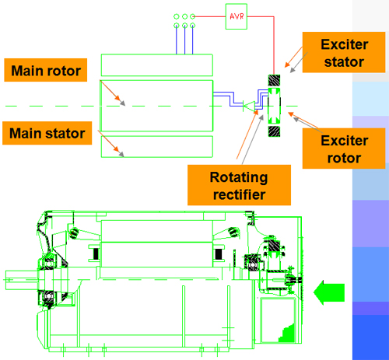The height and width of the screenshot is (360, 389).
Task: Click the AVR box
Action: [x=237, y=16]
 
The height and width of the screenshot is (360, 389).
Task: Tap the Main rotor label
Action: [x=46, y=70]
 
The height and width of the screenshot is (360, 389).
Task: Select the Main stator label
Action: [x=47, y=133]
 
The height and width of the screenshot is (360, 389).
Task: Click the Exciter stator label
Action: [x=344, y=52]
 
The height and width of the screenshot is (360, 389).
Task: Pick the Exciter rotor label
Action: [x=344, y=149]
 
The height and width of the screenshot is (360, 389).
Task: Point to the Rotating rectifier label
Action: [x=239, y=185]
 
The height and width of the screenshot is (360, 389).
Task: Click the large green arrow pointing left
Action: [x=329, y=292]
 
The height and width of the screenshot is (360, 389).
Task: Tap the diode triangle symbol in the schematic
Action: [x=249, y=107]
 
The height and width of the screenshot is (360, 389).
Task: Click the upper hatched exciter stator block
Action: [x=274, y=81]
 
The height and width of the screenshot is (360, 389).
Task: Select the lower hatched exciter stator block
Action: [x=274, y=131]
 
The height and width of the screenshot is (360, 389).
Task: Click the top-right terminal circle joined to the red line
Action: [x=192, y=16]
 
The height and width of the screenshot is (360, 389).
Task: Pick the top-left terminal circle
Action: [x=177, y=16]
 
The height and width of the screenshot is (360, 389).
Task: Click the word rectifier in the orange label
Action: [x=239, y=194]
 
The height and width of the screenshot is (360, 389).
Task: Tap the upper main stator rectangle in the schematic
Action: [x=157, y=65]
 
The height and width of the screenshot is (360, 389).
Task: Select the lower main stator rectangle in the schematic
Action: [x=157, y=146]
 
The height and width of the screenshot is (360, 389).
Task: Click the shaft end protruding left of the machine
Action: [x=22, y=280]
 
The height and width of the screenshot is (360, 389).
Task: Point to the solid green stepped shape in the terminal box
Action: [x=288, y=334]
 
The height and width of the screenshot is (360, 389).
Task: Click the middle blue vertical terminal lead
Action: [x=184, y=40]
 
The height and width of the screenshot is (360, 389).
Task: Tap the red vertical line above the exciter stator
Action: [x=274, y=46]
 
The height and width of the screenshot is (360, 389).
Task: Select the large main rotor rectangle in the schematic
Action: [x=156, y=106]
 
